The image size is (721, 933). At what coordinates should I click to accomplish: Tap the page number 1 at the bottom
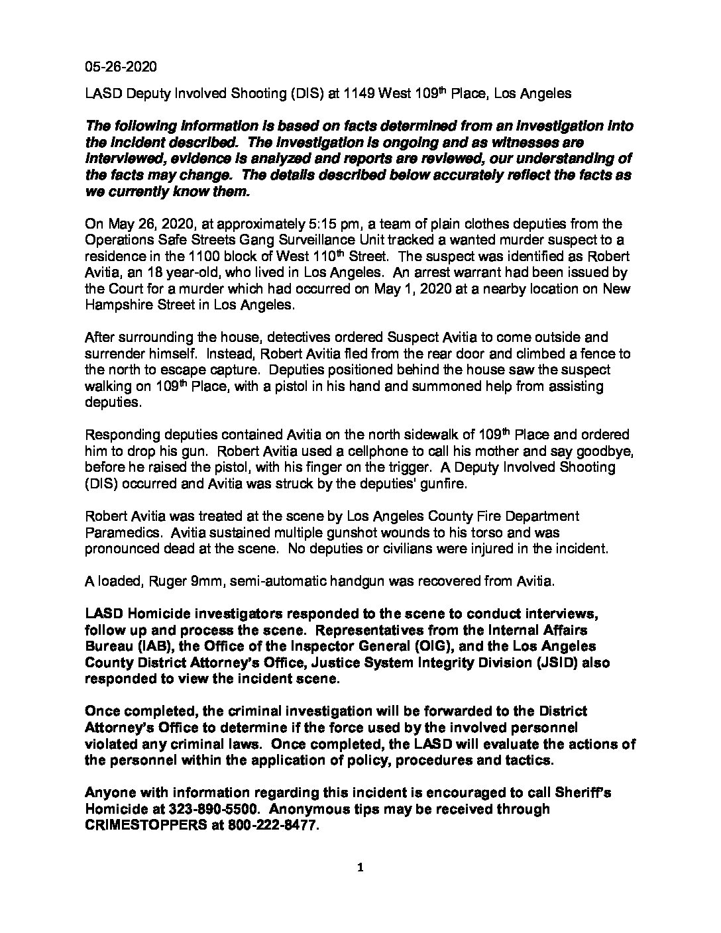pyautogui.click(x=360, y=869)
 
